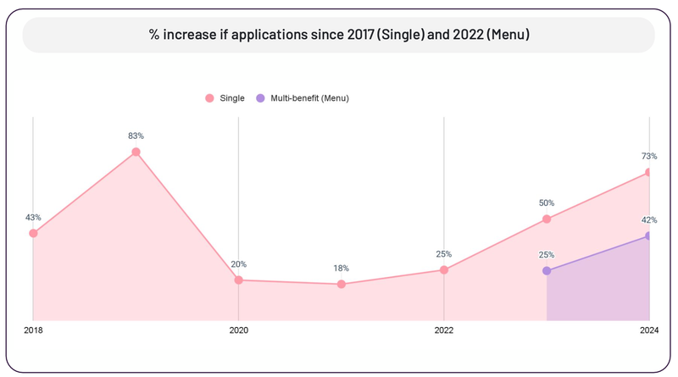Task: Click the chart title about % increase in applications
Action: [x=338, y=36]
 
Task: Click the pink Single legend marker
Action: [x=209, y=98]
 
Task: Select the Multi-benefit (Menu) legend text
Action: [x=309, y=98]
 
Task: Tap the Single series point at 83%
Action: [x=136, y=152]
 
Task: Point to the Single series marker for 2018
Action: [x=33, y=233]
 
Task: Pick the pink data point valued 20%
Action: [x=238, y=280]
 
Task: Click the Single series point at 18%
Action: [x=341, y=285]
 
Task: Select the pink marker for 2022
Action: [x=443, y=270]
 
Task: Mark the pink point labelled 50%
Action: [x=547, y=219]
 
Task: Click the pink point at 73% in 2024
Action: [x=648, y=173]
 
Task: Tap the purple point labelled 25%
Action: [x=547, y=271]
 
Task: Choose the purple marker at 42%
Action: [x=648, y=236]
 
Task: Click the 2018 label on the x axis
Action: [x=33, y=330]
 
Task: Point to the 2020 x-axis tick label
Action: [x=238, y=330]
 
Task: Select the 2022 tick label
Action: [x=443, y=330]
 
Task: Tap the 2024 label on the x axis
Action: [x=648, y=330]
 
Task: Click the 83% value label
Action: [x=136, y=136]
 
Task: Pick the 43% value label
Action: [x=33, y=217]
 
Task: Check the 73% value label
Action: [x=648, y=156]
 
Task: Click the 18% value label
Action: [x=341, y=269]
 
